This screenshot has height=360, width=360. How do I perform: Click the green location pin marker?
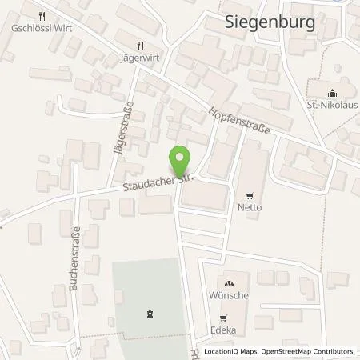coord(182,158)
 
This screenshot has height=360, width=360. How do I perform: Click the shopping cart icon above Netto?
coord(250,194)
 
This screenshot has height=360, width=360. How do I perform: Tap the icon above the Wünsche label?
coord(229,282)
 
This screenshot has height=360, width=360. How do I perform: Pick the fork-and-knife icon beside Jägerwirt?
coord(142,45)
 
